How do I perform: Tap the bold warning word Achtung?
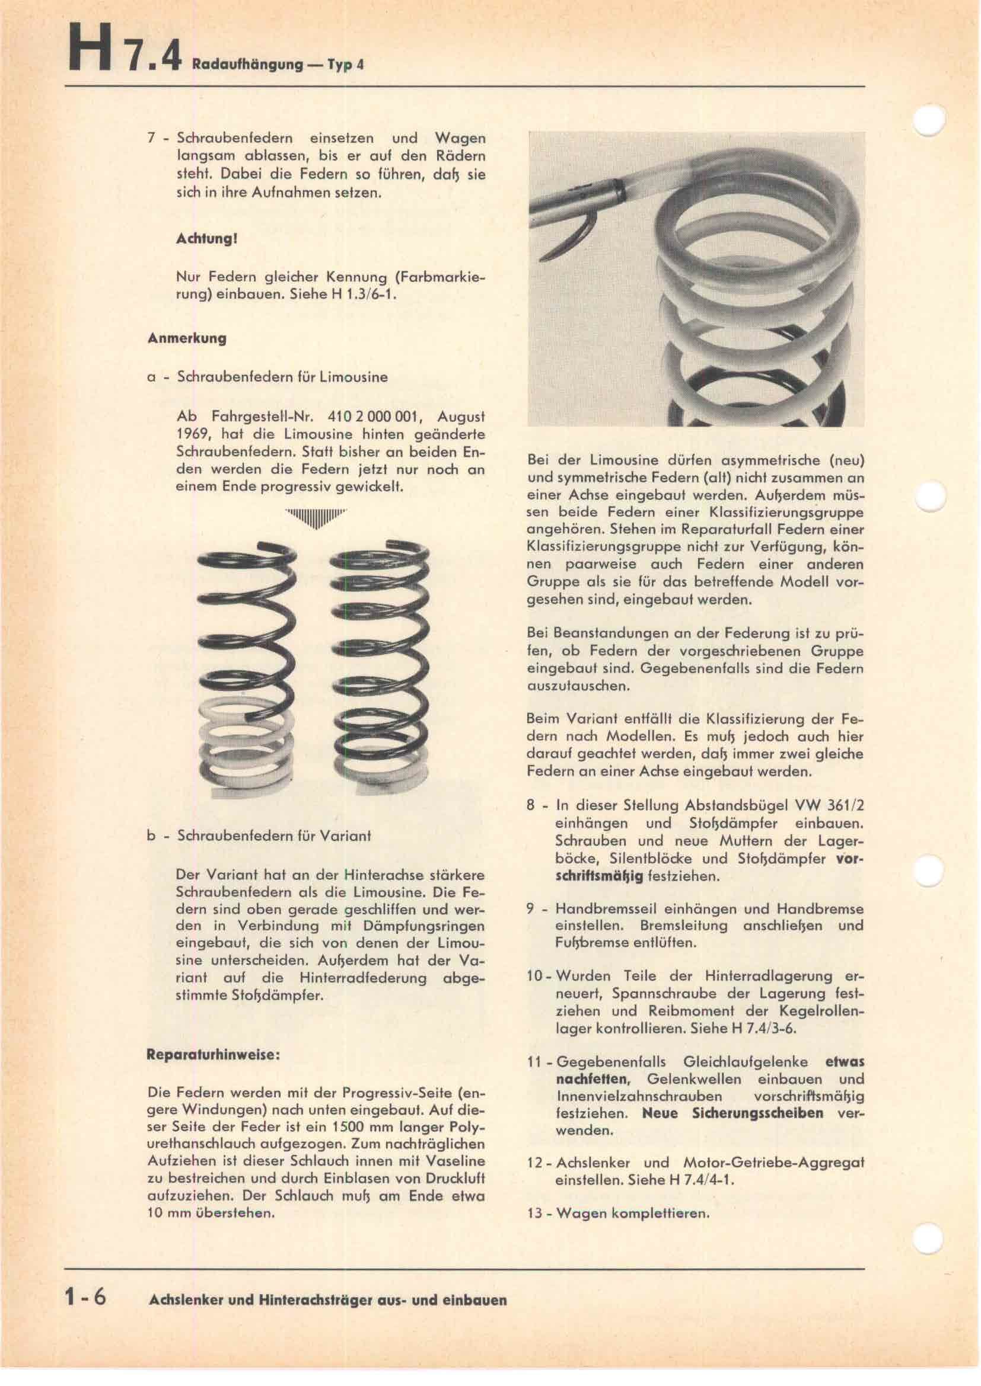point(204,238)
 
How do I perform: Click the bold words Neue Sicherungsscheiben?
point(732,1113)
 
